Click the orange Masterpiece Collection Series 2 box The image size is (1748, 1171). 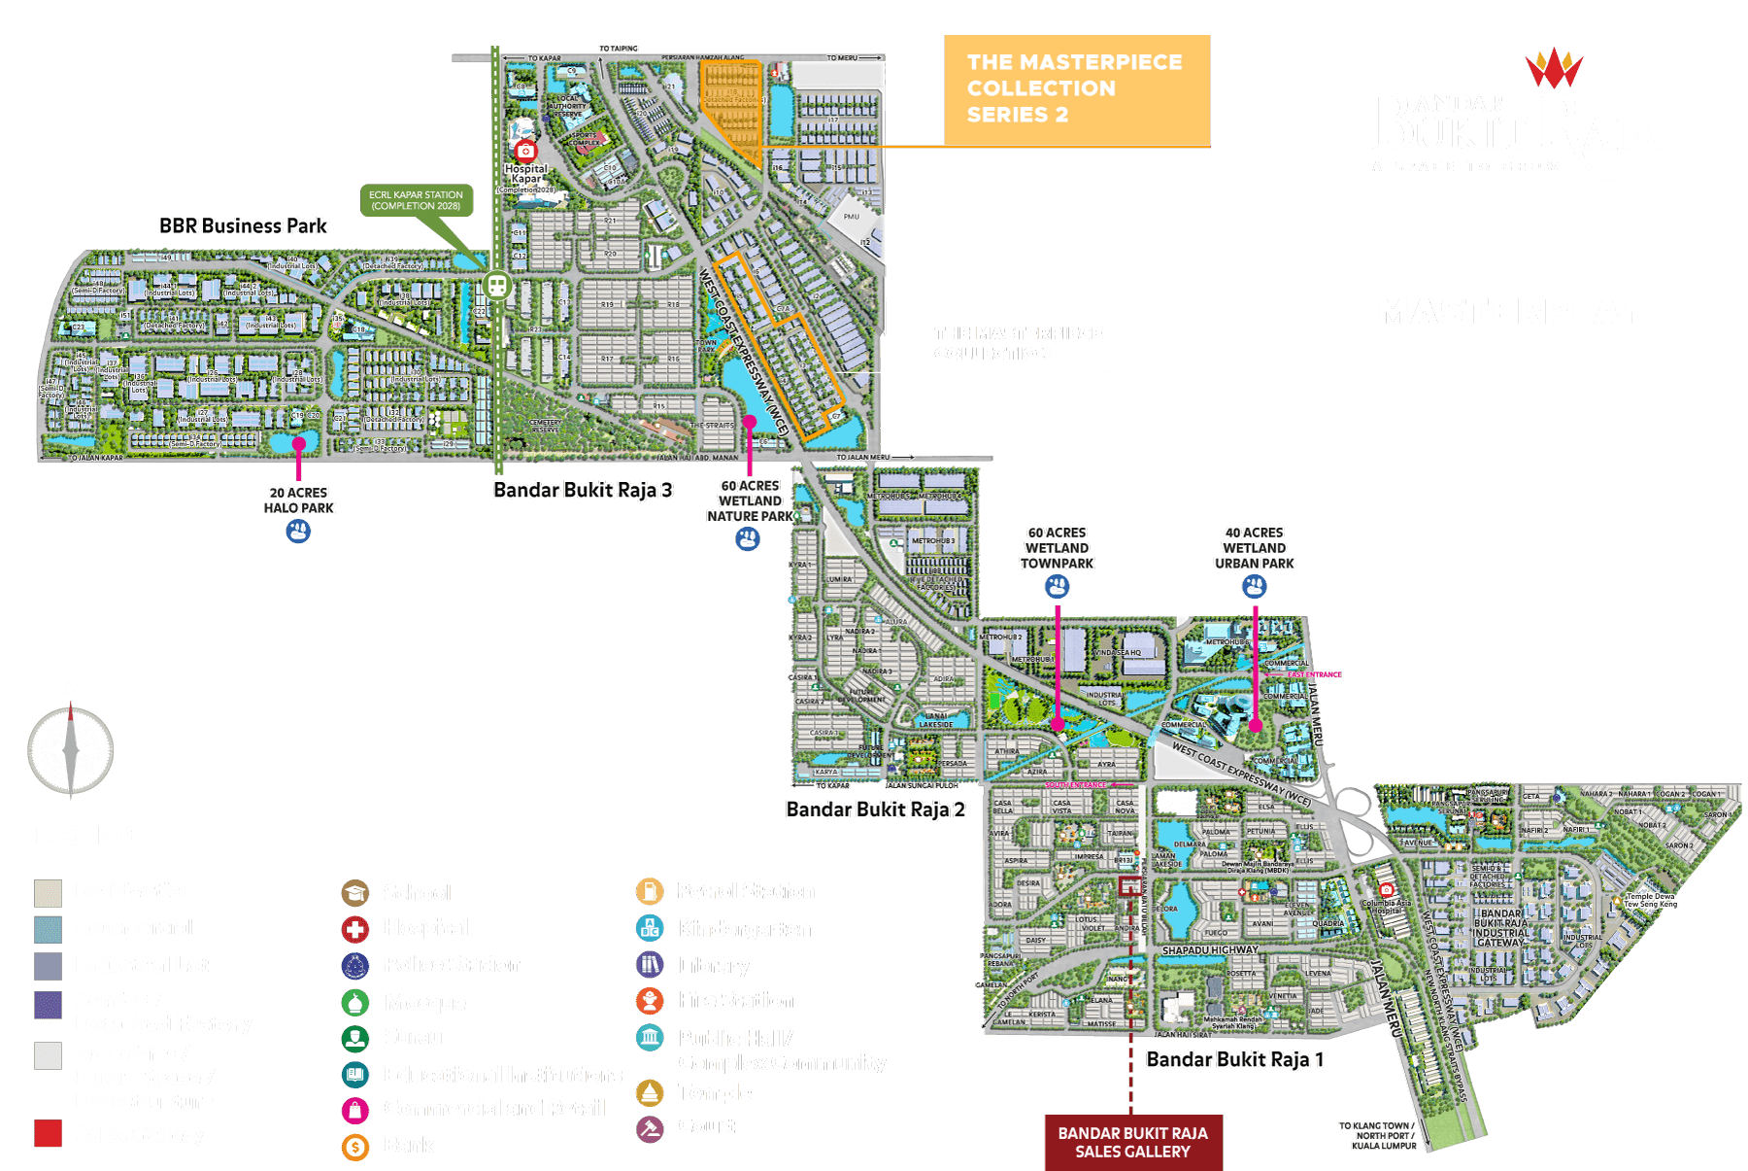click(1076, 89)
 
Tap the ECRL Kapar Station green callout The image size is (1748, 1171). click(416, 200)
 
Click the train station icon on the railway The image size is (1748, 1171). click(497, 286)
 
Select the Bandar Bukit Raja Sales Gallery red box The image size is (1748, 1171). click(1132, 1142)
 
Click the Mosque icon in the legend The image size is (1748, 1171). click(355, 1002)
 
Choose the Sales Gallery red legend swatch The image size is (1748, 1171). click(48, 1134)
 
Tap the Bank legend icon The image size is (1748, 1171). click(355, 1146)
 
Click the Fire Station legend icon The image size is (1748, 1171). click(650, 1000)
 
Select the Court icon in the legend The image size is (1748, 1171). click(650, 1127)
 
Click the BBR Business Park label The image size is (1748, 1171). click(243, 226)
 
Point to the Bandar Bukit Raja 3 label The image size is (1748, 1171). click(582, 490)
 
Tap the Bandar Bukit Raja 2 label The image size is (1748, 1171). click(875, 809)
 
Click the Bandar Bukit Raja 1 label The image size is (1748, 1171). click(1234, 1059)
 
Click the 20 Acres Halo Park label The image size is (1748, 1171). click(298, 500)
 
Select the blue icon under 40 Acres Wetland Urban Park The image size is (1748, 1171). click(1254, 586)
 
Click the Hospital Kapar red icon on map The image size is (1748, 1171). click(525, 151)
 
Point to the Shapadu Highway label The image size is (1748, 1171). click(1209, 949)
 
